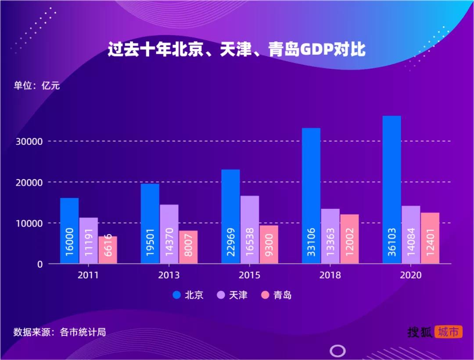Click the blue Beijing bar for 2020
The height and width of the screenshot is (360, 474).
[391, 189]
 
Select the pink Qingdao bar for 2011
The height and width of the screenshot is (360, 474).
[108, 250]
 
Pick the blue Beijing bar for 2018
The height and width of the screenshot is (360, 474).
[311, 196]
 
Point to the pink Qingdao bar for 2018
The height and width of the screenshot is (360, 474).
[349, 239]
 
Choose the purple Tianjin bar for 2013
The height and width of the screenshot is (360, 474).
[169, 234]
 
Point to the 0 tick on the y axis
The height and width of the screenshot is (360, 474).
[39, 264]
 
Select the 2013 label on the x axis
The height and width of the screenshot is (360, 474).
[169, 275]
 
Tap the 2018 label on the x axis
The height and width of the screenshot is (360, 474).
[330, 275]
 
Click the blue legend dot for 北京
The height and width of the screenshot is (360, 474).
[177, 295]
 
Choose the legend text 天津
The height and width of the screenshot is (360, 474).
[238, 295]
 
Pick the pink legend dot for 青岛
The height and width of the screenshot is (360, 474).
[265, 295]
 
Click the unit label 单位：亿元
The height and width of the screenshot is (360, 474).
[36, 86]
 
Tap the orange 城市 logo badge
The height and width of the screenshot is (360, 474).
[448, 332]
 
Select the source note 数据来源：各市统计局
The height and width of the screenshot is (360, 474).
[59, 332]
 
